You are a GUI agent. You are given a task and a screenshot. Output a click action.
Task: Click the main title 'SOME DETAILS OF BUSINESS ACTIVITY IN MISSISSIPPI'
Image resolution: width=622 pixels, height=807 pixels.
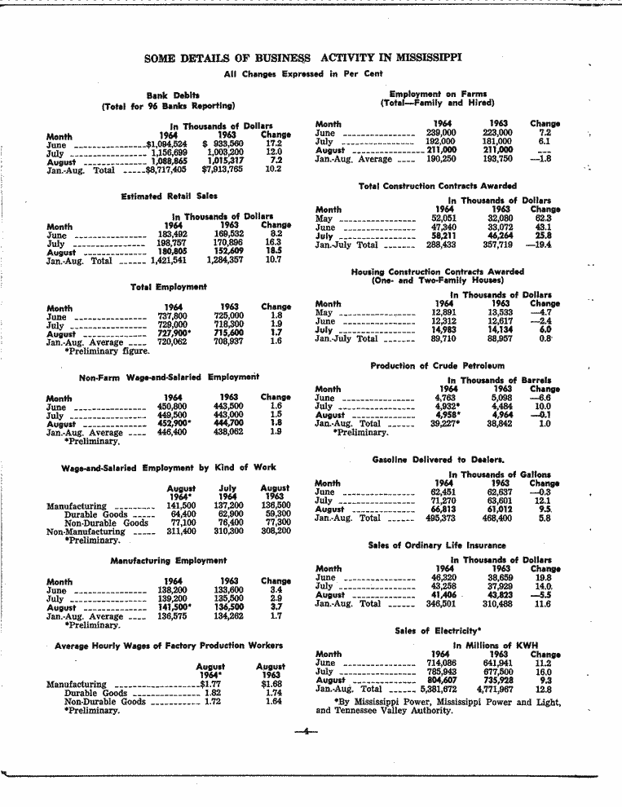pos(302,58)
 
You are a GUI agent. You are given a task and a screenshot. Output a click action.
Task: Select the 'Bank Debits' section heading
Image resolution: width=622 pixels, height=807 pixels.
pos(168,95)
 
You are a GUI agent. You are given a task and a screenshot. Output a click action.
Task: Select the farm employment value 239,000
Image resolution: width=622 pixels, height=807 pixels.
pos(441,133)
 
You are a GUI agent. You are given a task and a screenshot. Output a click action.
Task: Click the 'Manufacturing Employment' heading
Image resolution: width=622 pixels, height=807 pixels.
pos(168,561)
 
